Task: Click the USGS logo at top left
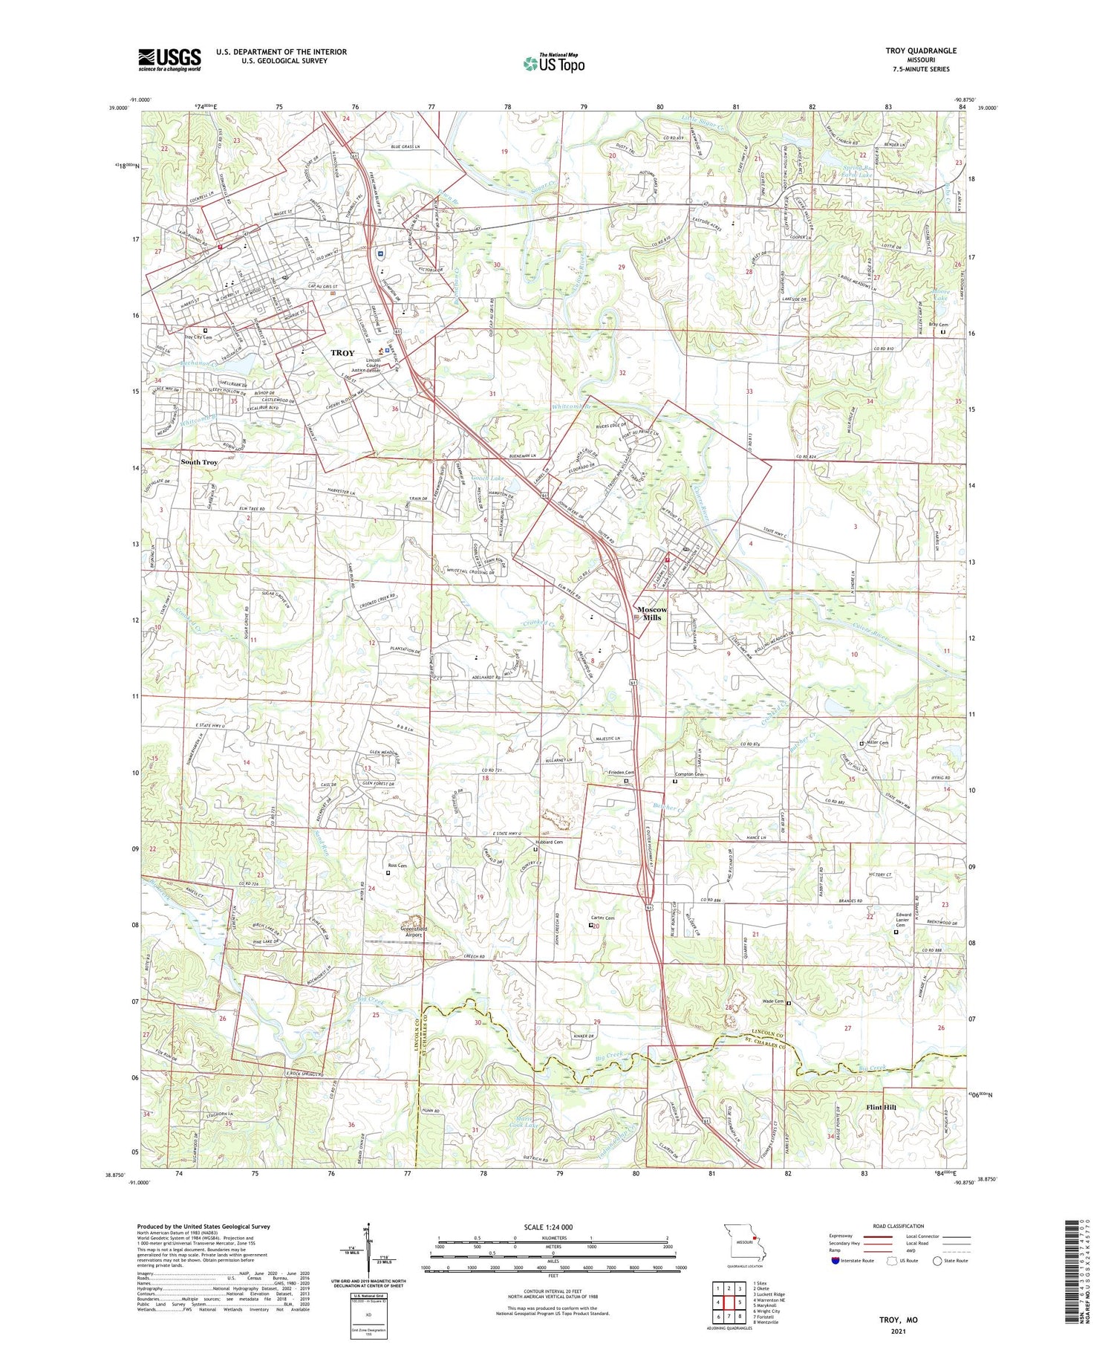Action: (x=169, y=59)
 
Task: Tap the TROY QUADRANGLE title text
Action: (x=920, y=51)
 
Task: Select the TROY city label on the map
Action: (x=342, y=353)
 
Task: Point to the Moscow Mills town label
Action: (x=652, y=613)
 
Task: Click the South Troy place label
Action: (x=199, y=462)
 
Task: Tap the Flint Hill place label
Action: (x=882, y=1107)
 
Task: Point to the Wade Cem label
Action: (x=773, y=1002)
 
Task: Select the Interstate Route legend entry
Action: (x=850, y=1260)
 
